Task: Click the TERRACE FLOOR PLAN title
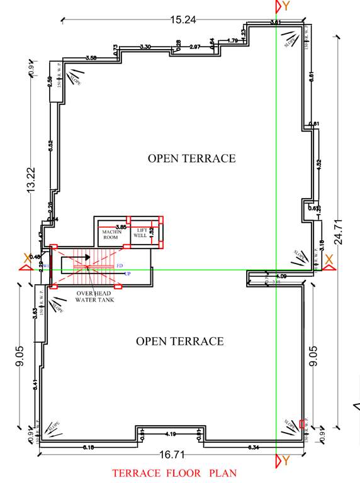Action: pos(174,472)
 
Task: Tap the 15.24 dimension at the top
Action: pos(183,20)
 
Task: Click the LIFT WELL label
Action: pos(140,233)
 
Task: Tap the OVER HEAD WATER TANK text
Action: pos(94,297)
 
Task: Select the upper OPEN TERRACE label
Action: pos(191,158)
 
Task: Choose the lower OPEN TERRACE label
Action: pos(180,341)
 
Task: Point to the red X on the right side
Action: pos(328,257)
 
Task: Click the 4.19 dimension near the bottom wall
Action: pos(170,434)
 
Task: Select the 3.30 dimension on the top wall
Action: pos(145,47)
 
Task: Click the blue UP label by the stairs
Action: pos(128,274)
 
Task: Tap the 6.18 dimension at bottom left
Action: pos(89,447)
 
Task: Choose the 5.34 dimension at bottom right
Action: pos(254,447)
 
